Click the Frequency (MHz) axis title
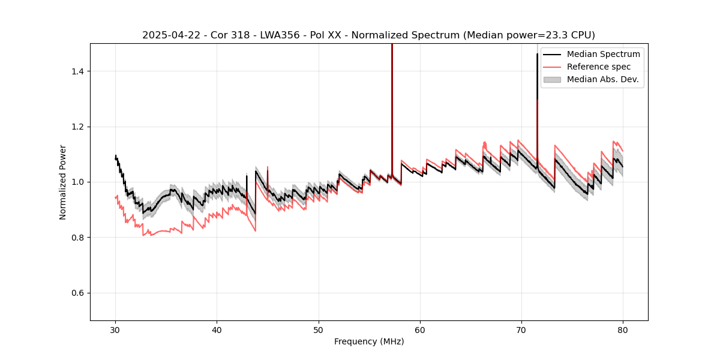tap(369, 341)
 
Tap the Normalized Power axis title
tap(63, 182)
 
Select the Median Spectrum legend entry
tap(603, 54)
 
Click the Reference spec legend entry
tap(599, 67)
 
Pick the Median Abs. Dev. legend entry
tap(602, 79)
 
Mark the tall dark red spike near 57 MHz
tap(392, 108)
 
